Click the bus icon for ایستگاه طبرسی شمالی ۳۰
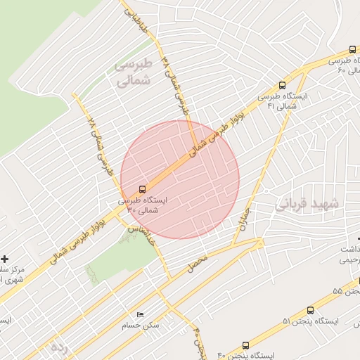pyautogui.click(x=142, y=189)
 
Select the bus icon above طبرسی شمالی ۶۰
pyautogui.click(x=352, y=49)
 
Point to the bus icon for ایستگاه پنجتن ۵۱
pyautogui.click(x=311, y=309)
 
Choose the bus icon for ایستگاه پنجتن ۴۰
pyautogui.click(x=245, y=345)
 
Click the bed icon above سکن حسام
pyautogui.click(x=140, y=315)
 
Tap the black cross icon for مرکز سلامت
pyautogui.click(x=5, y=259)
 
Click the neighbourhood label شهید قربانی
pyautogui.click(x=307, y=204)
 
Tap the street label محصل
pyautogui.click(x=198, y=264)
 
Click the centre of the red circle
pyautogui.click(x=180, y=180)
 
